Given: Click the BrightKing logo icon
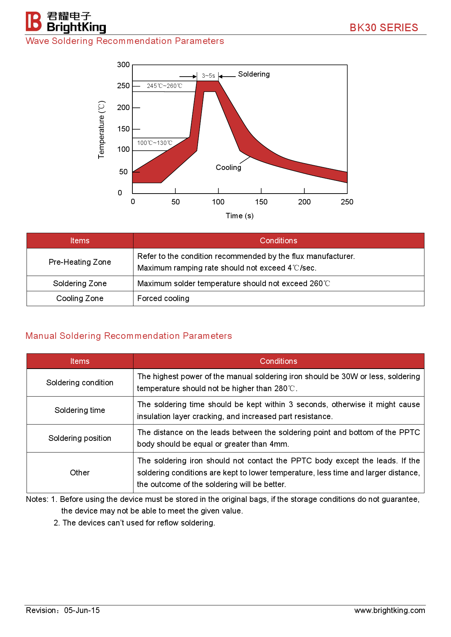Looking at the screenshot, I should (33, 21).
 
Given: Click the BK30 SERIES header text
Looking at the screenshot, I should (384, 28).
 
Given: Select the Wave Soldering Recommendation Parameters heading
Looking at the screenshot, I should (125, 41).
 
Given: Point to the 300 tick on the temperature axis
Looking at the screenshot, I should (123, 65).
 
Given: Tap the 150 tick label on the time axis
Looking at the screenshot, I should (261, 202).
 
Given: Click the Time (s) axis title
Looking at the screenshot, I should (240, 216).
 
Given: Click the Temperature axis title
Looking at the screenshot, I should (101, 130).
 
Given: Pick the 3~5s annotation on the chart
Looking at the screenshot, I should (208, 76).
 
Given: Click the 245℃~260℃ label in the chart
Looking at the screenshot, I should (164, 86).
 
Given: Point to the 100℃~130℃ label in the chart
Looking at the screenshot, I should (155, 143).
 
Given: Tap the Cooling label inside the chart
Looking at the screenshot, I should (228, 167).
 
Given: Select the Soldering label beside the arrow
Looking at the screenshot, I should (254, 74).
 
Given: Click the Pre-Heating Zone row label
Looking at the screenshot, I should (80, 262).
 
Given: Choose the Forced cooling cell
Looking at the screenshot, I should (163, 299).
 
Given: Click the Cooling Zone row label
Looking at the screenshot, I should (80, 299).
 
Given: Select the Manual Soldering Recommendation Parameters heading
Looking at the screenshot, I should (129, 336).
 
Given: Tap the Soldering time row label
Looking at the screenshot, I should (80, 410).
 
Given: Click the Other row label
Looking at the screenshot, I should (80, 473).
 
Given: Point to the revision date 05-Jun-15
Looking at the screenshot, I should (82, 610).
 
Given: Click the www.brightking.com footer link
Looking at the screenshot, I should (390, 610).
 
